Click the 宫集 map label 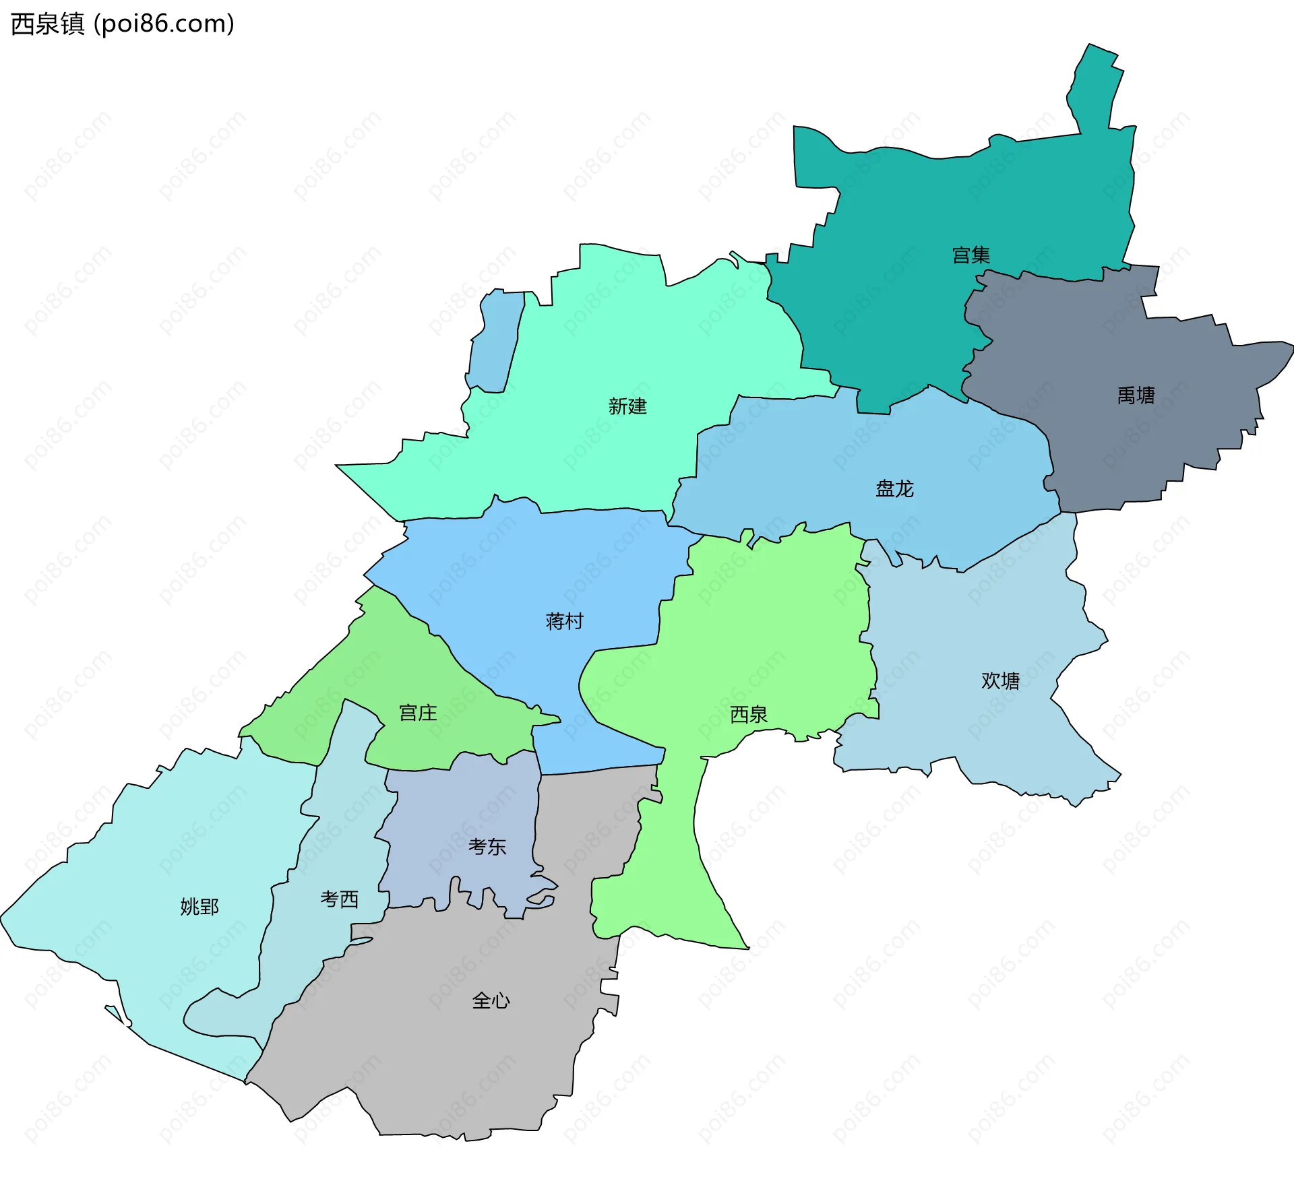[970, 255]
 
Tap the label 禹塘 [1136, 395]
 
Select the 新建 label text [627, 406]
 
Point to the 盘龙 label [894, 488]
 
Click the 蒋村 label [564, 621]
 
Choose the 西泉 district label [748, 714]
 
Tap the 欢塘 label [1000, 681]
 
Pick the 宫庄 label [418, 713]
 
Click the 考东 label [487, 847]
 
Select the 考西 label [339, 899]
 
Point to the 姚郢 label [199, 907]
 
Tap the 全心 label [491, 1000]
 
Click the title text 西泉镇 [47, 24]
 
